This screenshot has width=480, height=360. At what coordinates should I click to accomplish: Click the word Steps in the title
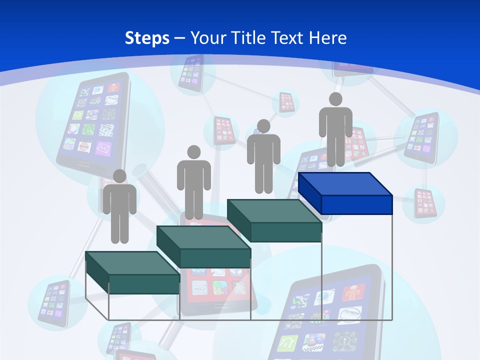point(147,38)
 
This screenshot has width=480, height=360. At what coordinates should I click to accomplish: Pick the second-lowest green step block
point(203,247)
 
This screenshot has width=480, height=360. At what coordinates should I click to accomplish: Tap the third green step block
point(274,220)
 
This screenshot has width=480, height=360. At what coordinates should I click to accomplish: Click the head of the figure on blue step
point(335,99)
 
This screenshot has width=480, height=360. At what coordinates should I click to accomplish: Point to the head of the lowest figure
point(119,176)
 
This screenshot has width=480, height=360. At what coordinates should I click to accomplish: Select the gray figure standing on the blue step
point(335,130)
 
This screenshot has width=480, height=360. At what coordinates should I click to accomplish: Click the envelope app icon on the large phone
point(102,148)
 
